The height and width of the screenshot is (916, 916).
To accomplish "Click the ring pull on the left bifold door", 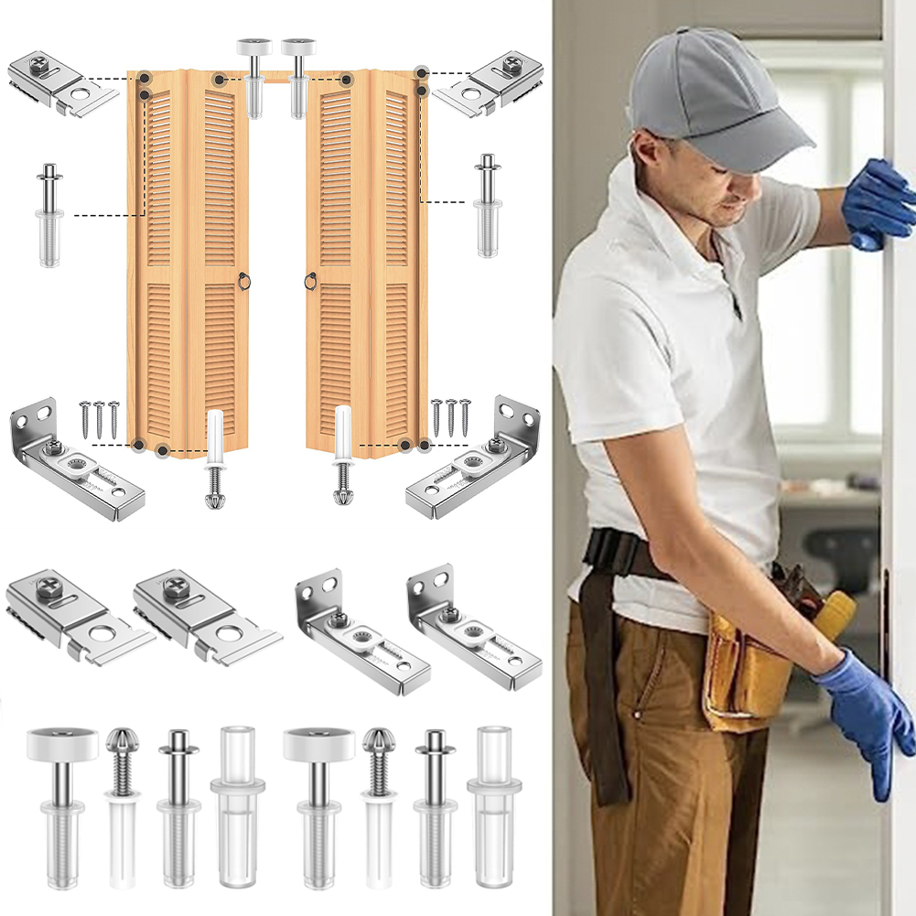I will pos(243,281).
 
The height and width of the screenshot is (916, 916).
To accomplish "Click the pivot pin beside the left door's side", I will pos(49,215).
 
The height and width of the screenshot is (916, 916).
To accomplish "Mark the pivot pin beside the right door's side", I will pos(487,206).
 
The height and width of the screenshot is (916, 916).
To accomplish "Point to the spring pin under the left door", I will pos(215,458).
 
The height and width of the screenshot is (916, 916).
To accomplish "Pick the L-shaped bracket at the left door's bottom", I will pos(73,462).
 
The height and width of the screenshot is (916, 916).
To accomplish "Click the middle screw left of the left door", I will pos(99,417).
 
